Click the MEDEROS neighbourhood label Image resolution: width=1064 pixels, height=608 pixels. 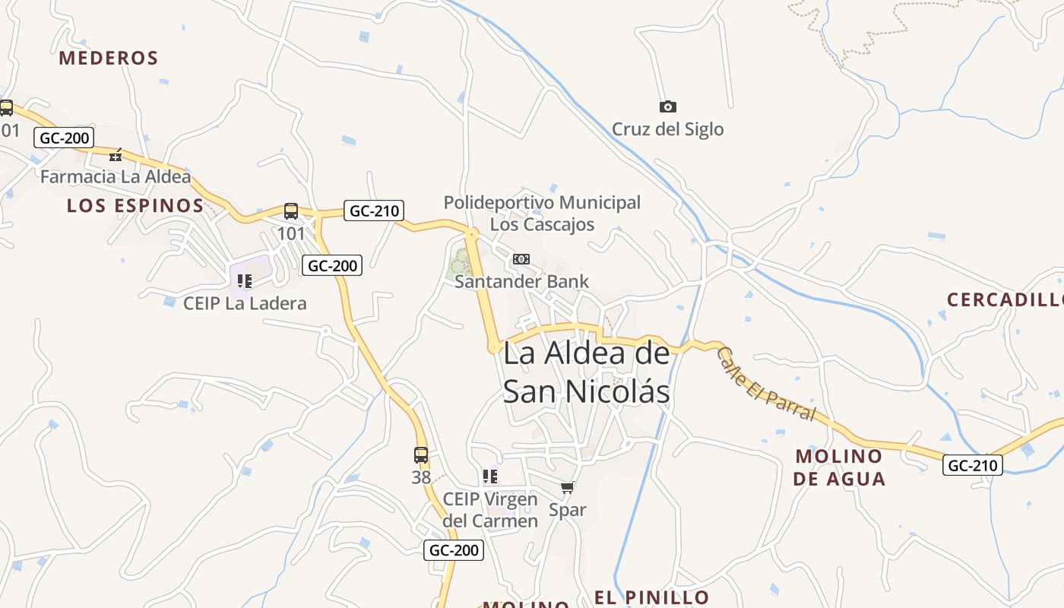click(x=109, y=58)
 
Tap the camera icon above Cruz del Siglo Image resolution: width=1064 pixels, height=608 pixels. click(x=668, y=107)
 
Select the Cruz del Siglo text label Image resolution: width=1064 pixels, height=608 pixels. click(x=668, y=129)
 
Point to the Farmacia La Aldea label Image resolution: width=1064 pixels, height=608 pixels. click(x=116, y=177)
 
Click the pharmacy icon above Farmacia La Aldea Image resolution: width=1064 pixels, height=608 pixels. click(x=116, y=155)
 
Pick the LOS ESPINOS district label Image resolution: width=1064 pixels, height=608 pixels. click(x=135, y=205)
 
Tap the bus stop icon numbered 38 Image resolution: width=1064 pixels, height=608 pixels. click(x=421, y=455)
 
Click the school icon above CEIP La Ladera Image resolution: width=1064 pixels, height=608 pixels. click(x=245, y=281)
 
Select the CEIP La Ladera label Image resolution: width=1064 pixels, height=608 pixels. click(x=245, y=303)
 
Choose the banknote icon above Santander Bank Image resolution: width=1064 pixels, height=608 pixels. click(x=521, y=259)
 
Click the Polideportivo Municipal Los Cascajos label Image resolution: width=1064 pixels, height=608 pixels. click(x=542, y=214)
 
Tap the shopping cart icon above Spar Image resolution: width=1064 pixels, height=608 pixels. click(x=568, y=488)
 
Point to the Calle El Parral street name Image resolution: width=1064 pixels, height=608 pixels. click(x=766, y=385)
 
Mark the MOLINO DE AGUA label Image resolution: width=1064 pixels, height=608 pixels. click(x=839, y=467)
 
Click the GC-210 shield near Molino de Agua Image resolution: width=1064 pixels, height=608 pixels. click(x=973, y=465)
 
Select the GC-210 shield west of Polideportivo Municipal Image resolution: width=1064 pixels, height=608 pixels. click(x=373, y=211)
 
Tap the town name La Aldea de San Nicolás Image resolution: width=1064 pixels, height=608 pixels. click(x=587, y=372)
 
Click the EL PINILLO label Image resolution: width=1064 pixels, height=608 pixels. click(x=651, y=597)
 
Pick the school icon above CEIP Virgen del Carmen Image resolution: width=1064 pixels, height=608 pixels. click(x=490, y=477)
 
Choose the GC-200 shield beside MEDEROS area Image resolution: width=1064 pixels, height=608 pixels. click(x=64, y=138)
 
